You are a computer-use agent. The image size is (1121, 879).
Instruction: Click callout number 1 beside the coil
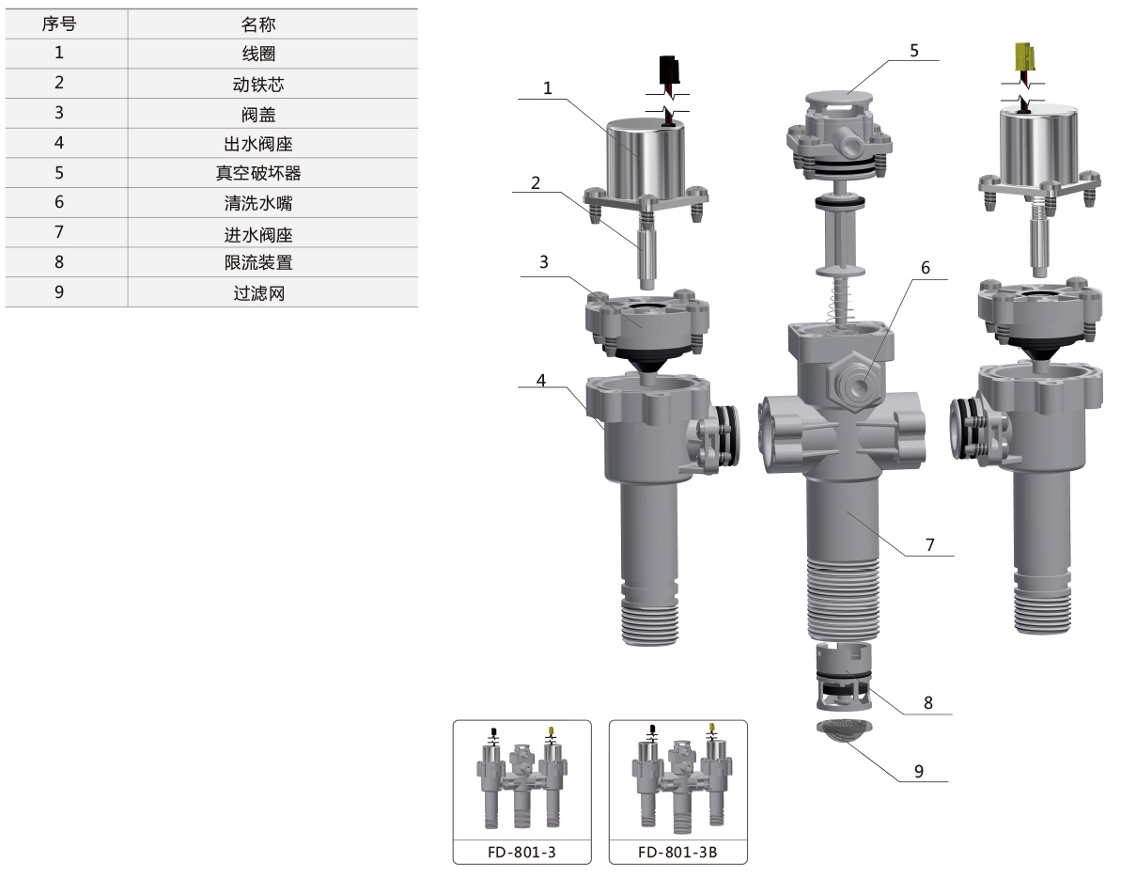(548, 88)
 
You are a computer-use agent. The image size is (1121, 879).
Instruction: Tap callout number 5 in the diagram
(913, 51)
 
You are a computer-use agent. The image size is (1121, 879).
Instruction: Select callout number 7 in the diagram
(929, 544)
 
